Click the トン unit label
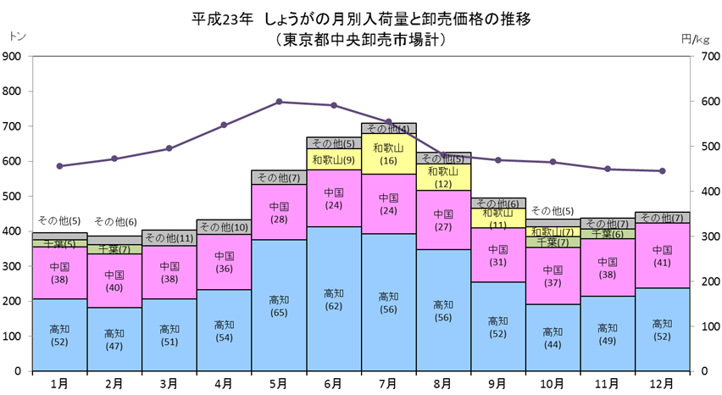[x=16, y=36]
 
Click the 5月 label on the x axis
[x=279, y=383]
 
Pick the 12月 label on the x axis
[x=663, y=383]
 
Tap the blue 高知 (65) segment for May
[x=279, y=305]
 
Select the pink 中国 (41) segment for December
[x=663, y=255]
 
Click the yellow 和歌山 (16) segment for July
[x=388, y=153]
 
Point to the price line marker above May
[x=279, y=102]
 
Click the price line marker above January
[x=59, y=166]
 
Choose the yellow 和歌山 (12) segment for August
[x=443, y=177]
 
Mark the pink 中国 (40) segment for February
[x=114, y=281]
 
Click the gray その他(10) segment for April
[x=224, y=226]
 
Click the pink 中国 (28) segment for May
[x=279, y=212]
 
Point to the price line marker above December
[x=663, y=171]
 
